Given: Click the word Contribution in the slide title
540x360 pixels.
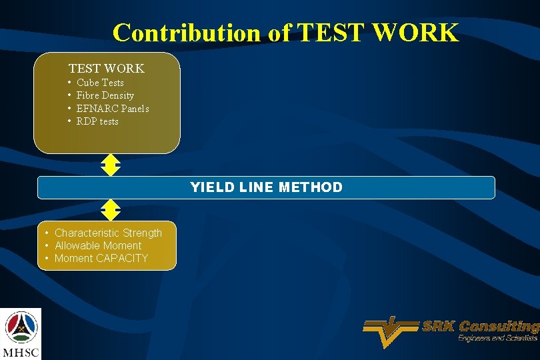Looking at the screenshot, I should point(189,32).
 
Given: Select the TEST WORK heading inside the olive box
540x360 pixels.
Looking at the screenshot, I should point(106,69).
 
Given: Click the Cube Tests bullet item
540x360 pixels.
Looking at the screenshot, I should point(100,83).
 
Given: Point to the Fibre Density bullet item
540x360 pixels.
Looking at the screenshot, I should point(105,95).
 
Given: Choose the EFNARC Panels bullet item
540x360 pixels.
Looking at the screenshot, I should point(113,109).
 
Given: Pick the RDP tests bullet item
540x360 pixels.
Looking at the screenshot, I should point(97,121).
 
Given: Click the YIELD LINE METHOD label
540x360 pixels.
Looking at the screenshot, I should point(266,187).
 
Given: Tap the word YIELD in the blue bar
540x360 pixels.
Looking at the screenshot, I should point(209,187).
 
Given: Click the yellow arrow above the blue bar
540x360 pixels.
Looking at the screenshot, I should point(110,165).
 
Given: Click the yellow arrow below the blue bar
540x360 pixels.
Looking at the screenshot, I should point(110,210).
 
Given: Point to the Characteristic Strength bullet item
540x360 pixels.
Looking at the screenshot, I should point(108,233).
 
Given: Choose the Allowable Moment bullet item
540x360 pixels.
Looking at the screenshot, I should point(98,245).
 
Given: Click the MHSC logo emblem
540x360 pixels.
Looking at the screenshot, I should point(21,327).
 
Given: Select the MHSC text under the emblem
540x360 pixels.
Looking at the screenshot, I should point(21,352).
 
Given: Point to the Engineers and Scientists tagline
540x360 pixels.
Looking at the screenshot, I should point(497,339).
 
